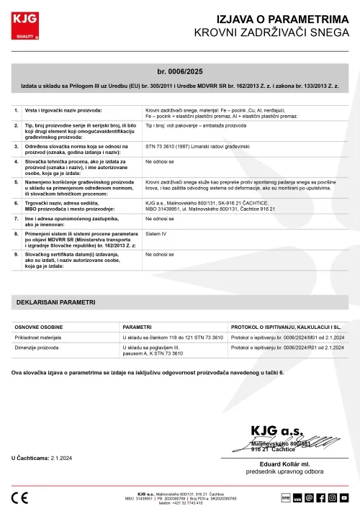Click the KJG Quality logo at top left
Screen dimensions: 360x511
(27, 27)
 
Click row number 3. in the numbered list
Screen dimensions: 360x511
(17, 145)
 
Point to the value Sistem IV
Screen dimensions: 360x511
(156, 233)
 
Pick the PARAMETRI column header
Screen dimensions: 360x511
(137, 326)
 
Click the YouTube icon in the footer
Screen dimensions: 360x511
(344, 497)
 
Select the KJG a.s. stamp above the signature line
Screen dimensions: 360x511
(276, 438)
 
